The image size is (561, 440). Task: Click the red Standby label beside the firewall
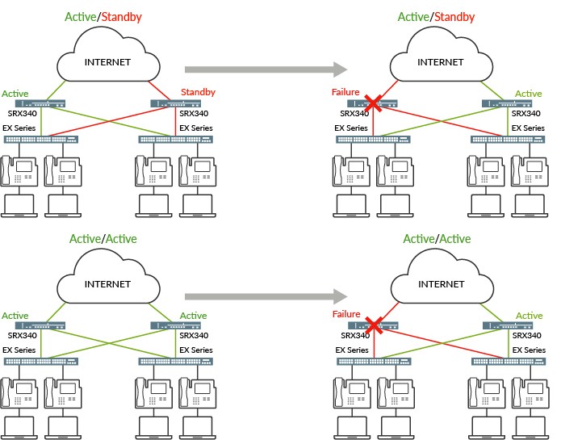click(199, 92)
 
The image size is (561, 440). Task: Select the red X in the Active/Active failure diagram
click(373, 325)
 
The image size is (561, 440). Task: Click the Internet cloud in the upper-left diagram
click(107, 62)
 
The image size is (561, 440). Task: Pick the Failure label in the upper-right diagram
click(345, 93)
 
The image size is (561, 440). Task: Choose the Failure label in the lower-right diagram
click(345, 315)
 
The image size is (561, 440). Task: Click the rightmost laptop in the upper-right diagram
click(530, 205)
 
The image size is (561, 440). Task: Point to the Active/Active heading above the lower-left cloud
click(103, 239)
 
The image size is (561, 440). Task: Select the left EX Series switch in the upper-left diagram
click(42, 139)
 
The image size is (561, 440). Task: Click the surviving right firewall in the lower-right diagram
click(507, 325)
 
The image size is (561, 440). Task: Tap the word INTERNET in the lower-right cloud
click(441, 284)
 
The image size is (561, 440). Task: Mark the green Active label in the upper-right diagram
click(529, 94)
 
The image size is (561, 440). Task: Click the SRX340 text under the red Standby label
click(195, 113)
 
